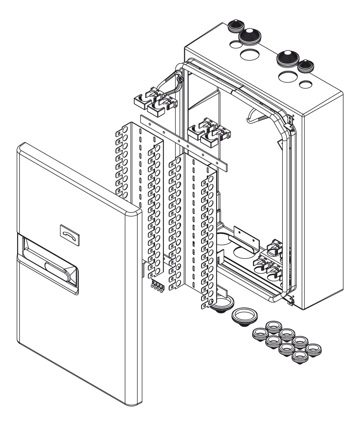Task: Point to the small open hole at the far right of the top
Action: click(x=306, y=84)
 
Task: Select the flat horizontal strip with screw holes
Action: click(x=183, y=143)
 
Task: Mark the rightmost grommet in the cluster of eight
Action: click(x=314, y=349)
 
